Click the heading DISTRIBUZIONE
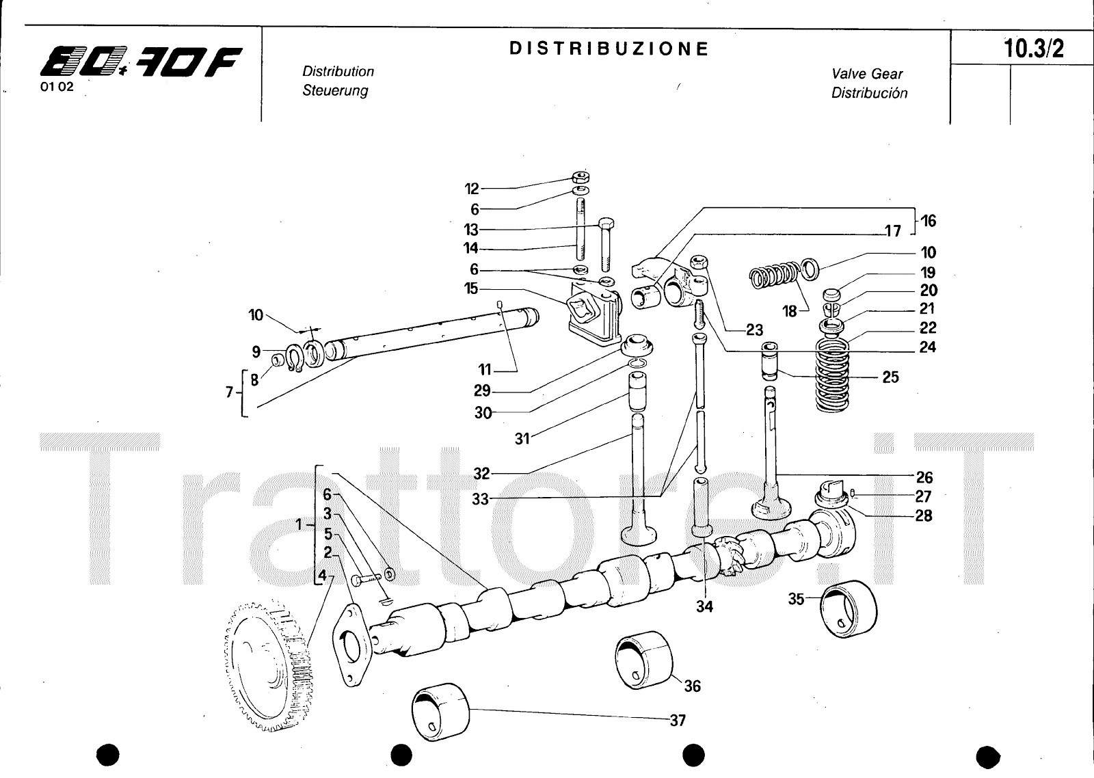[x=609, y=49]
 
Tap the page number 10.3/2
[x=1033, y=49]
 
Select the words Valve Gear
[x=867, y=74]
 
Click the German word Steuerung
[x=335, y=90]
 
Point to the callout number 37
[x=677, y=720]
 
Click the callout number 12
[x=472, y=189]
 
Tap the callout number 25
[x=890, y=377]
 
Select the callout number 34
[x=704, y=606]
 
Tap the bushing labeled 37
[x=442, y=708]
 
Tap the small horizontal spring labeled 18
[x=773, y=274]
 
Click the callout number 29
[x=482, y=391]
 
